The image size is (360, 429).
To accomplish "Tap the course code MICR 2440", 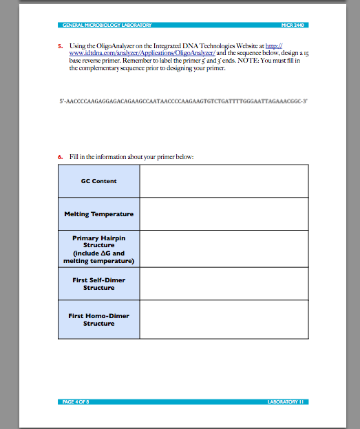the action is [293, 25].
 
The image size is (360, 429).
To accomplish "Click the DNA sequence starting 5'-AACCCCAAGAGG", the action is [183, 101].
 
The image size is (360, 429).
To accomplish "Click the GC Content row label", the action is [98, 181].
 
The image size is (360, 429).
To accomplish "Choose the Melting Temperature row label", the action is [98, 214].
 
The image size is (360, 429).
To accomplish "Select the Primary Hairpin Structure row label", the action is [98, 249].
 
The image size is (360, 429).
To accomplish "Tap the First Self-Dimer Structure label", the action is [98, 284].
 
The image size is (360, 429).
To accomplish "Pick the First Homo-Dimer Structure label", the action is [98, 320].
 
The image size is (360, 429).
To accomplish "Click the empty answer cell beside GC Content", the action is [224, 181].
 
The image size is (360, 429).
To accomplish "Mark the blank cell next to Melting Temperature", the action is [224, 214].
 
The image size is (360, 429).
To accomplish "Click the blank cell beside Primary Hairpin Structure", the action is [224, 249].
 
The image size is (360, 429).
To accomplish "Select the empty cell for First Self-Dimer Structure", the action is [224, 284].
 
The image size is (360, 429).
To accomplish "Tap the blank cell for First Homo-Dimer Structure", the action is [224, 320].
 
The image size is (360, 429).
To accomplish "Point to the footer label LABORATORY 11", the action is [286, 401].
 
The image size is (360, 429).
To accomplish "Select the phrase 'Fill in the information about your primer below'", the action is [131, 156].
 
